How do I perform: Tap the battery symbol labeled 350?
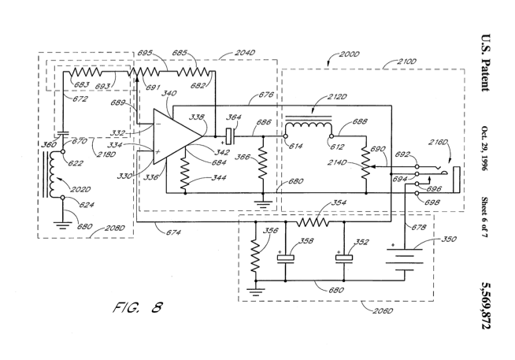404,259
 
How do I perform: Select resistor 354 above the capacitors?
313,222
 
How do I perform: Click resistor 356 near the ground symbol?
255,255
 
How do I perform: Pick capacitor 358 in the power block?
285,258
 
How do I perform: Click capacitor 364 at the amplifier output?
230,136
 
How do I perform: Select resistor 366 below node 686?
263,162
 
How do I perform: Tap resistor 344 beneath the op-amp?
185,174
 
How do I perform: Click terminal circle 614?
285,136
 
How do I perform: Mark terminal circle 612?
332,136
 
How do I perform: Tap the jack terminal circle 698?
417,194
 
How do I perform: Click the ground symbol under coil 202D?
62,225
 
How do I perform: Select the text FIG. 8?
138,308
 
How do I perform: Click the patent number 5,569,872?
486,306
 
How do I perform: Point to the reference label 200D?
349,54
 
